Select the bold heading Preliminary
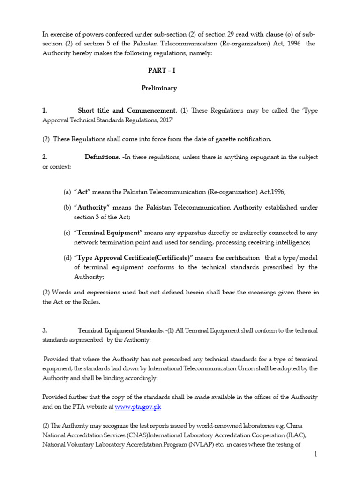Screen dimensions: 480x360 pyautogui.click(x=159, y=88)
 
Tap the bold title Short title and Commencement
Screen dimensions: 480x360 pyautogui.click(x=127, y=111)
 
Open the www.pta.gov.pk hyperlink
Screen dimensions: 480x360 pyautogui.click(x=138, y=407)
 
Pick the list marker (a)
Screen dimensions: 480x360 pyautogui.click(x=67, y=192)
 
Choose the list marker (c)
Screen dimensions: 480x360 pyautogui.click(x=67, y=232)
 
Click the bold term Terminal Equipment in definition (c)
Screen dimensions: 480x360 pyautogui.click(x=108, y=232)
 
